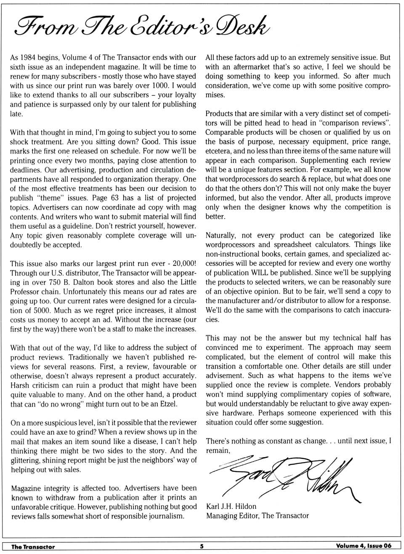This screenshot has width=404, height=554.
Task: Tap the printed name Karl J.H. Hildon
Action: pos(231,506)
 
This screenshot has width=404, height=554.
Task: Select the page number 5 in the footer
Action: pos(202,546)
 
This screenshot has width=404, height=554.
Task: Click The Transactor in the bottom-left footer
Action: pos(33,547)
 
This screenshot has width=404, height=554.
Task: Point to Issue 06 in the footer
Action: pos(378,546)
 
